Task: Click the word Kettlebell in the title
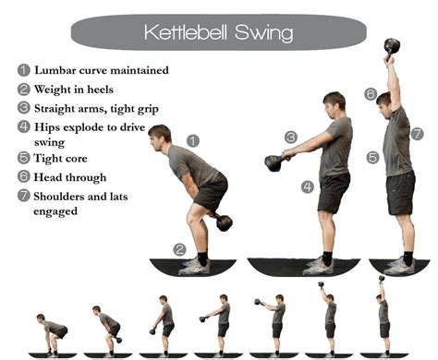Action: tap(190, 33)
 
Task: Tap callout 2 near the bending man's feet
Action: tap(179, 248)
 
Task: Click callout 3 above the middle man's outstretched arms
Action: tap(290, 138)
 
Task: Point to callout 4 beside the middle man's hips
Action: tap(307, 186)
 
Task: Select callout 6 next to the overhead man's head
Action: tap(370, 94)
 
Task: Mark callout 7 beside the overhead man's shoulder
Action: tap(417, 134)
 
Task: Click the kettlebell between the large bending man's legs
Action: tap(224, 222)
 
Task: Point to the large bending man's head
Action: tap(160, 136)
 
